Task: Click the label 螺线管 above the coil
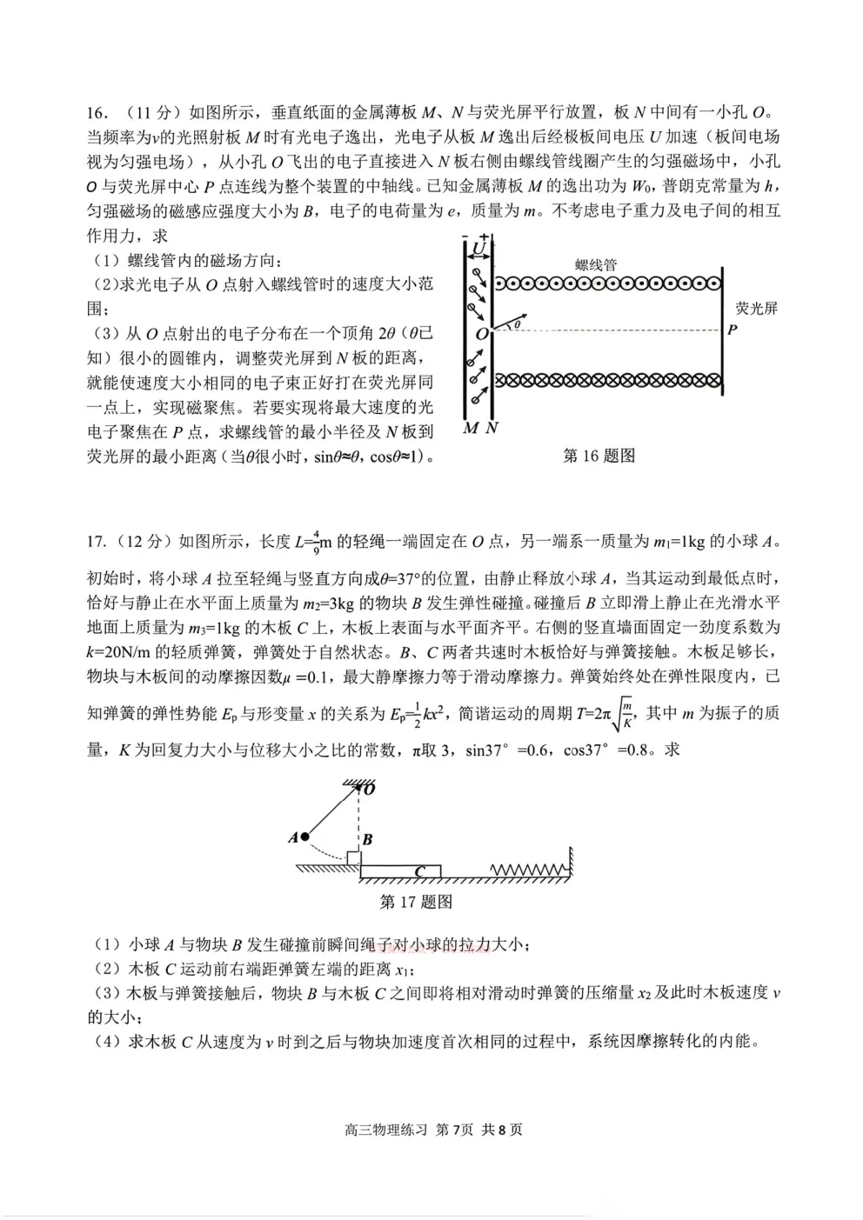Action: [x=596, y=265]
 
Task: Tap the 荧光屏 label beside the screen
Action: [x=756, y=308]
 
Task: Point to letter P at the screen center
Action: [x=733, y=330]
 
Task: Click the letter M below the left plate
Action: [x=471, y=428]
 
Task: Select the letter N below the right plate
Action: [x=492, y=428]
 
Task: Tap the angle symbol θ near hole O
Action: [x=518, y=324]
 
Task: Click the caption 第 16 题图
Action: [x=599, y=456]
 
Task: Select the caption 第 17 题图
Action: [x=417, y=902]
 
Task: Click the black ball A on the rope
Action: [x=305, y=837]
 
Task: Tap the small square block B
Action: [x=353, y=858]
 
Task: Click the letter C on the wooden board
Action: [x=419, y=871]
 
